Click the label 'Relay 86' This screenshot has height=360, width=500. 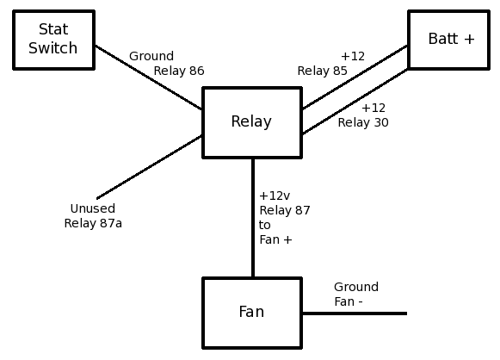pos(179,71)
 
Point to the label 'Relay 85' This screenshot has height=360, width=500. pos(322,71)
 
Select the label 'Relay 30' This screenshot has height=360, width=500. pos(363,122)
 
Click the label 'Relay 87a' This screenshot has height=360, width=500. pos(93,223)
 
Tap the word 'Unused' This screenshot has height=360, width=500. pos(92,208)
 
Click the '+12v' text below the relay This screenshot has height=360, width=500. pos(275,196)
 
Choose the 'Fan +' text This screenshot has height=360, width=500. pos(275,239)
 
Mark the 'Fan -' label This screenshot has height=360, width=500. pos(349,301)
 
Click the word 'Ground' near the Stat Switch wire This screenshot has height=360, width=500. pos(151,56)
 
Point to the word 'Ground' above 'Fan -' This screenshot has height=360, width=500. pos(356,287)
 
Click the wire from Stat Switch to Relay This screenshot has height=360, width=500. pos(149,78)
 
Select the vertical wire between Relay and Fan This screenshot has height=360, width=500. pos(253,218)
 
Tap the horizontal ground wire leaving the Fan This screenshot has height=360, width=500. pos(355,313)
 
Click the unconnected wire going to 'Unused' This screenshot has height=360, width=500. pos(149,167)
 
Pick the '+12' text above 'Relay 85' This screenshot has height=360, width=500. pos(353,56)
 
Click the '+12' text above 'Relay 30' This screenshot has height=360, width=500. pos(373,108)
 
